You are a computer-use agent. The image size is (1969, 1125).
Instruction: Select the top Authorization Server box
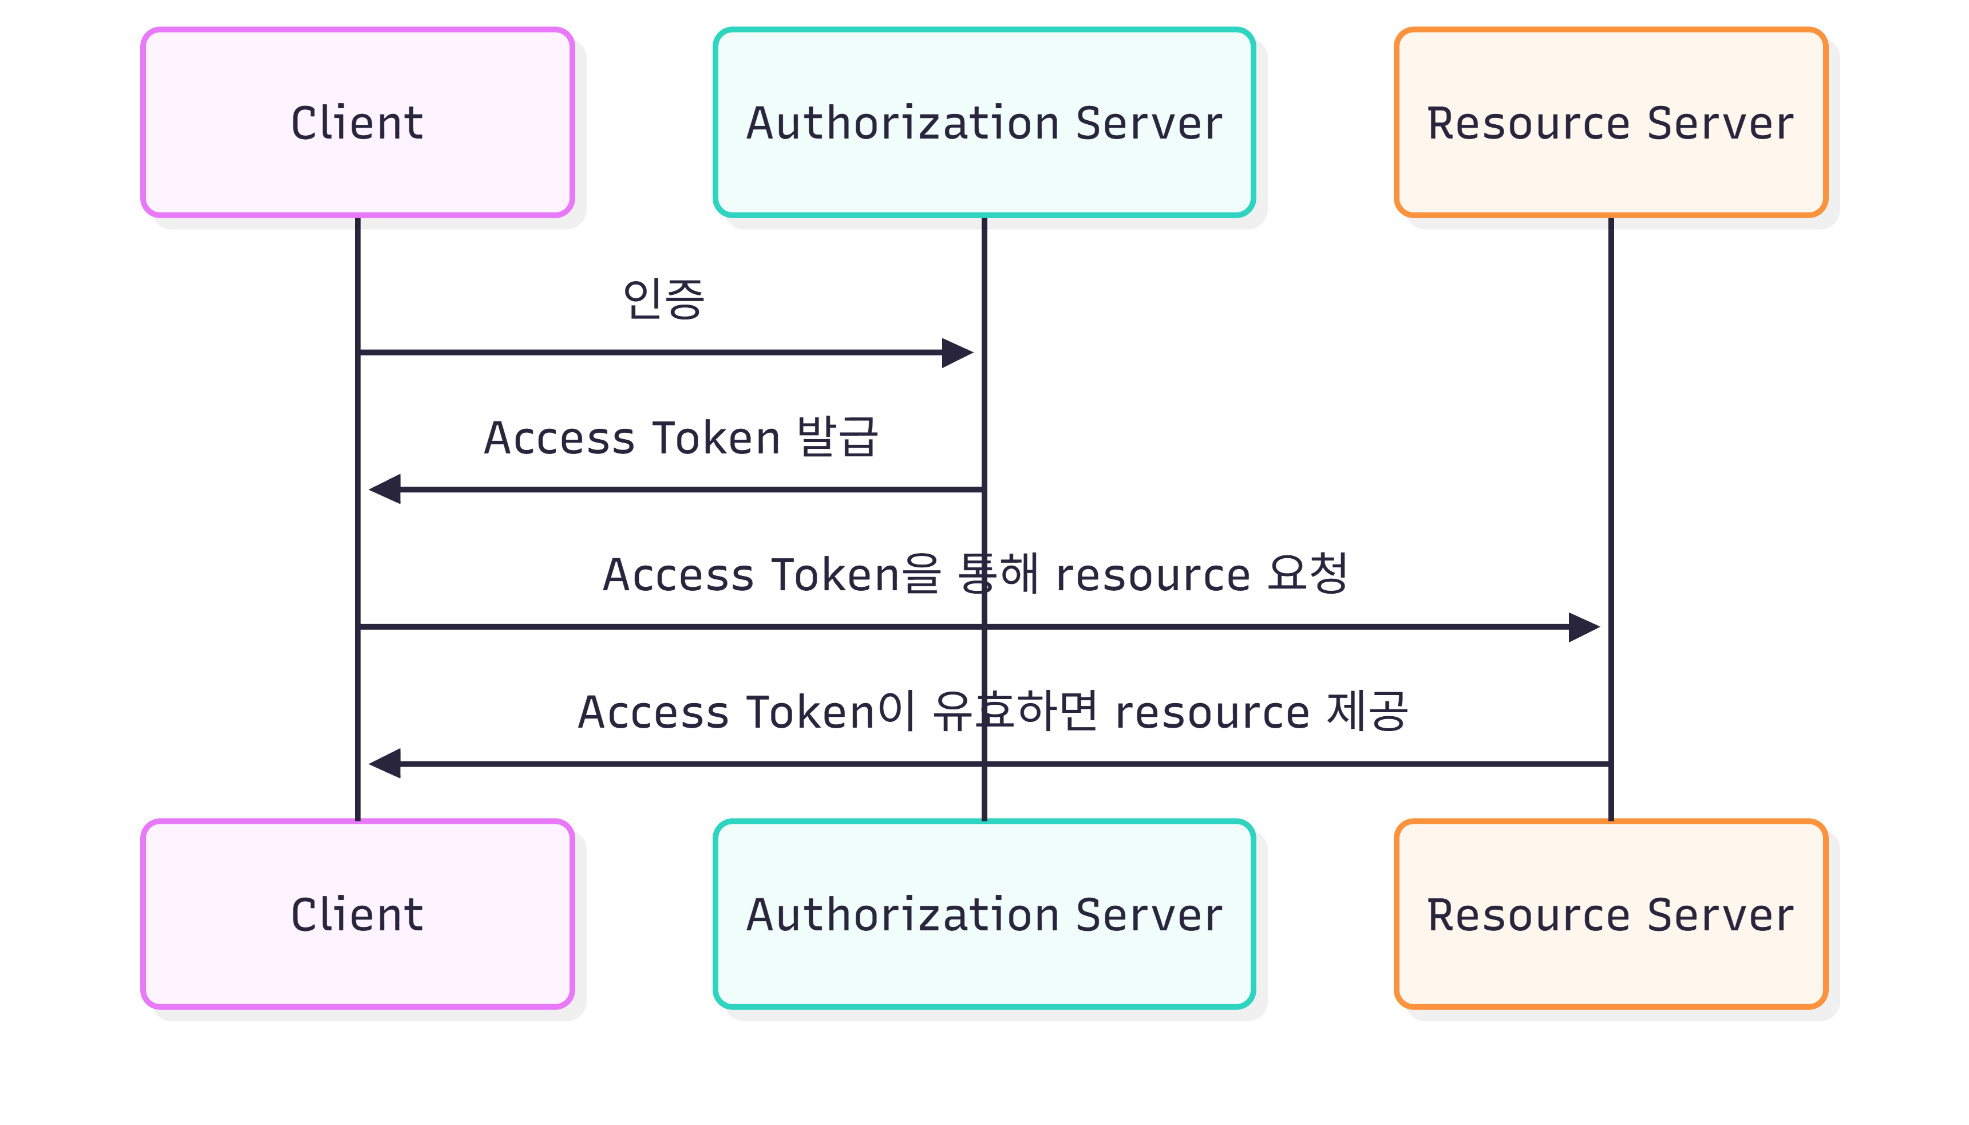pos(983,122)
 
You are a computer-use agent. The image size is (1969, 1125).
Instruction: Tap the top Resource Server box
pos(1611,122)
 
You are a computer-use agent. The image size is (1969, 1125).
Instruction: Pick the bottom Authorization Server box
pos(983,914)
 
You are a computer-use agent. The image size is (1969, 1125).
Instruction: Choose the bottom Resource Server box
pos(1611,914)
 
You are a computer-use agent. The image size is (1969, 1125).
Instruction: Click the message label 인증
pos(663,299)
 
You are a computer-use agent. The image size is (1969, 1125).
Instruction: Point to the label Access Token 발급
pos(681,437)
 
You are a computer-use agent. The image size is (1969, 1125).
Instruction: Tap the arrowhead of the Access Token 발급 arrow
pos(385,489)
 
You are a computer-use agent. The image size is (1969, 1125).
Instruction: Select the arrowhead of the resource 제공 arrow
pos(385,763)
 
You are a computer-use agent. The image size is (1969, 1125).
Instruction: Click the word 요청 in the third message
pos(1308,573)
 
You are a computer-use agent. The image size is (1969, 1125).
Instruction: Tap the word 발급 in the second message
pos(838,437)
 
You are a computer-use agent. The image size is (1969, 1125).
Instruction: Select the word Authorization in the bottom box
pos(902,915)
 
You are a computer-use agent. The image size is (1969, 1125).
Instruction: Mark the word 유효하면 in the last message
pos(1015,711)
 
